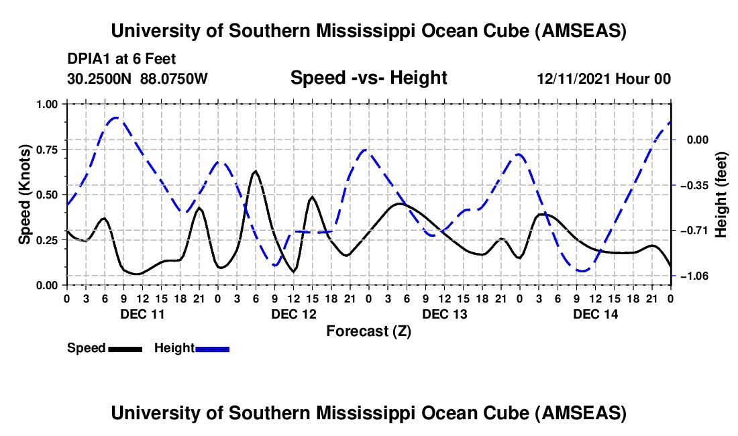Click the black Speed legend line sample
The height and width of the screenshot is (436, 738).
124,349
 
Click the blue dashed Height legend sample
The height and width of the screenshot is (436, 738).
212,349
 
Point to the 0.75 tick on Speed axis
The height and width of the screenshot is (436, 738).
48,150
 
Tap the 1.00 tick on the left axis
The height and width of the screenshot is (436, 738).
48,104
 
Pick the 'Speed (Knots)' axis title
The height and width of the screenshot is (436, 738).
25,195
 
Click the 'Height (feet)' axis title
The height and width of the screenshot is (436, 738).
721,195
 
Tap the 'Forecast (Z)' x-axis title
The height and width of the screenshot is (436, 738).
368,331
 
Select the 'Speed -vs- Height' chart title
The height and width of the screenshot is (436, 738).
368,78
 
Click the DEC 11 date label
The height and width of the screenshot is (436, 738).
142,314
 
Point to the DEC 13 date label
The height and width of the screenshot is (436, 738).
444,314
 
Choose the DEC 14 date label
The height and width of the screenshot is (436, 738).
596,314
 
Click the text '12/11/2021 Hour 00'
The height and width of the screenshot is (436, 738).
604,79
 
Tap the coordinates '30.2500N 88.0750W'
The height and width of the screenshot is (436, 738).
138,79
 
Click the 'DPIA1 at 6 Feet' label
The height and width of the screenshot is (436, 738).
121,59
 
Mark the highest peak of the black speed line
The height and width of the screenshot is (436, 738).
255,172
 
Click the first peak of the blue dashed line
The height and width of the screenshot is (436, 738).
116,117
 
